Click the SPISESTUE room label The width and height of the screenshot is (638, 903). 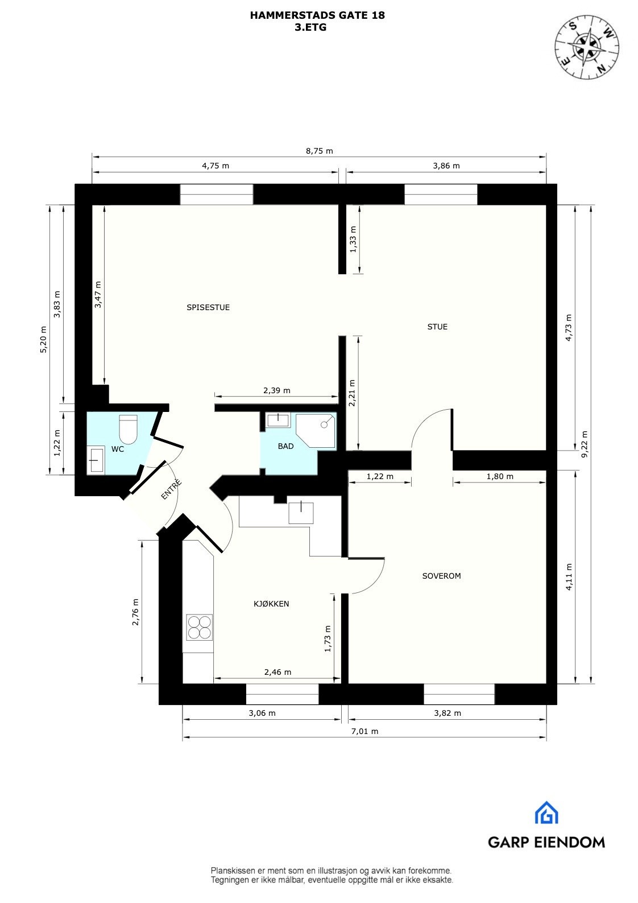pyautogui.click(x=208, y=307)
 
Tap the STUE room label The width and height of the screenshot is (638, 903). pyautogui.click(x=437, y=327)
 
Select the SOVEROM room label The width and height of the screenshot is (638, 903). pyautogui.click(x=441, y=576)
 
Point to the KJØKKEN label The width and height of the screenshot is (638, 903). pyautogui.click(x=271, y=604)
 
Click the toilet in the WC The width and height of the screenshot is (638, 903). pyautogui.click(x=128, y=429)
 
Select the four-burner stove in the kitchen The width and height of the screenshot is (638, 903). pyautogui.click(x=200, y=628)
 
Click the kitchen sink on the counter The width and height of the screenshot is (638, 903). pyautogui.click(x=301, y=512)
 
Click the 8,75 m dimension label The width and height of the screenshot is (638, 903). pyautogui.click(x=319, y=151)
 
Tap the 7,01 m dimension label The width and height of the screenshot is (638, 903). pyautogui.click(x=364, y=732)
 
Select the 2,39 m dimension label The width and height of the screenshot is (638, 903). pyautogui.click(x=276, y=390)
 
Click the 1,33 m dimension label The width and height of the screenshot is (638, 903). pyautogui.click(x=353, y=244)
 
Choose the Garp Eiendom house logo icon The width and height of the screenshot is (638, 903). pyautogui.click(x=546, y=813)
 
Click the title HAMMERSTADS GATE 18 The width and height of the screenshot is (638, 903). pyautogui.click(x=317, y=15)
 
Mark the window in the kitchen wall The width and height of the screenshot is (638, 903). pyautogui.click(x=282, y=694)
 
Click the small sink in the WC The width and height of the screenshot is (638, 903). pyautogui.click(x=96, y=460)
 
